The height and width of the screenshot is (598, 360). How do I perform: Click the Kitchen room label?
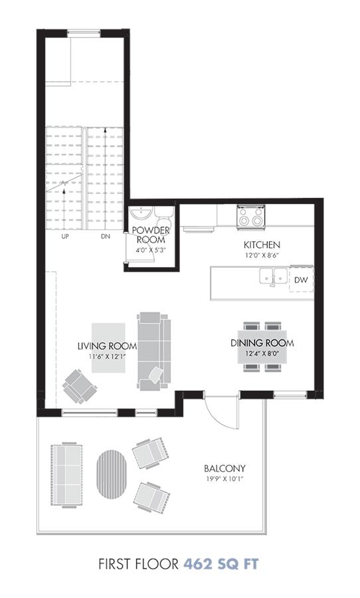262,245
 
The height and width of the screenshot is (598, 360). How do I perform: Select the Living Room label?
107,346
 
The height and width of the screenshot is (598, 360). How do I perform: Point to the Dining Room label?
262,343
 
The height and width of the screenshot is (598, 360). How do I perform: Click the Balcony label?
225,468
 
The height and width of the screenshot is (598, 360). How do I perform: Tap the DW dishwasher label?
301,280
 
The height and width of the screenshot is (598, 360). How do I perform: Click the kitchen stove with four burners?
251,217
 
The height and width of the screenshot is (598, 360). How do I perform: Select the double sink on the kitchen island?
274,276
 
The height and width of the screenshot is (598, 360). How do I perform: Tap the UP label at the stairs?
65,237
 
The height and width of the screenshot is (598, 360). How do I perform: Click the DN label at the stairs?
106,237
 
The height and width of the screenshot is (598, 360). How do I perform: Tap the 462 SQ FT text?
221,563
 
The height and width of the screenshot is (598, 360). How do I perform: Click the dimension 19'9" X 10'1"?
225,479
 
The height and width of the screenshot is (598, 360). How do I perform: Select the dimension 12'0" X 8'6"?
262,255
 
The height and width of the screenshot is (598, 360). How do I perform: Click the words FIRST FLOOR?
138,564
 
